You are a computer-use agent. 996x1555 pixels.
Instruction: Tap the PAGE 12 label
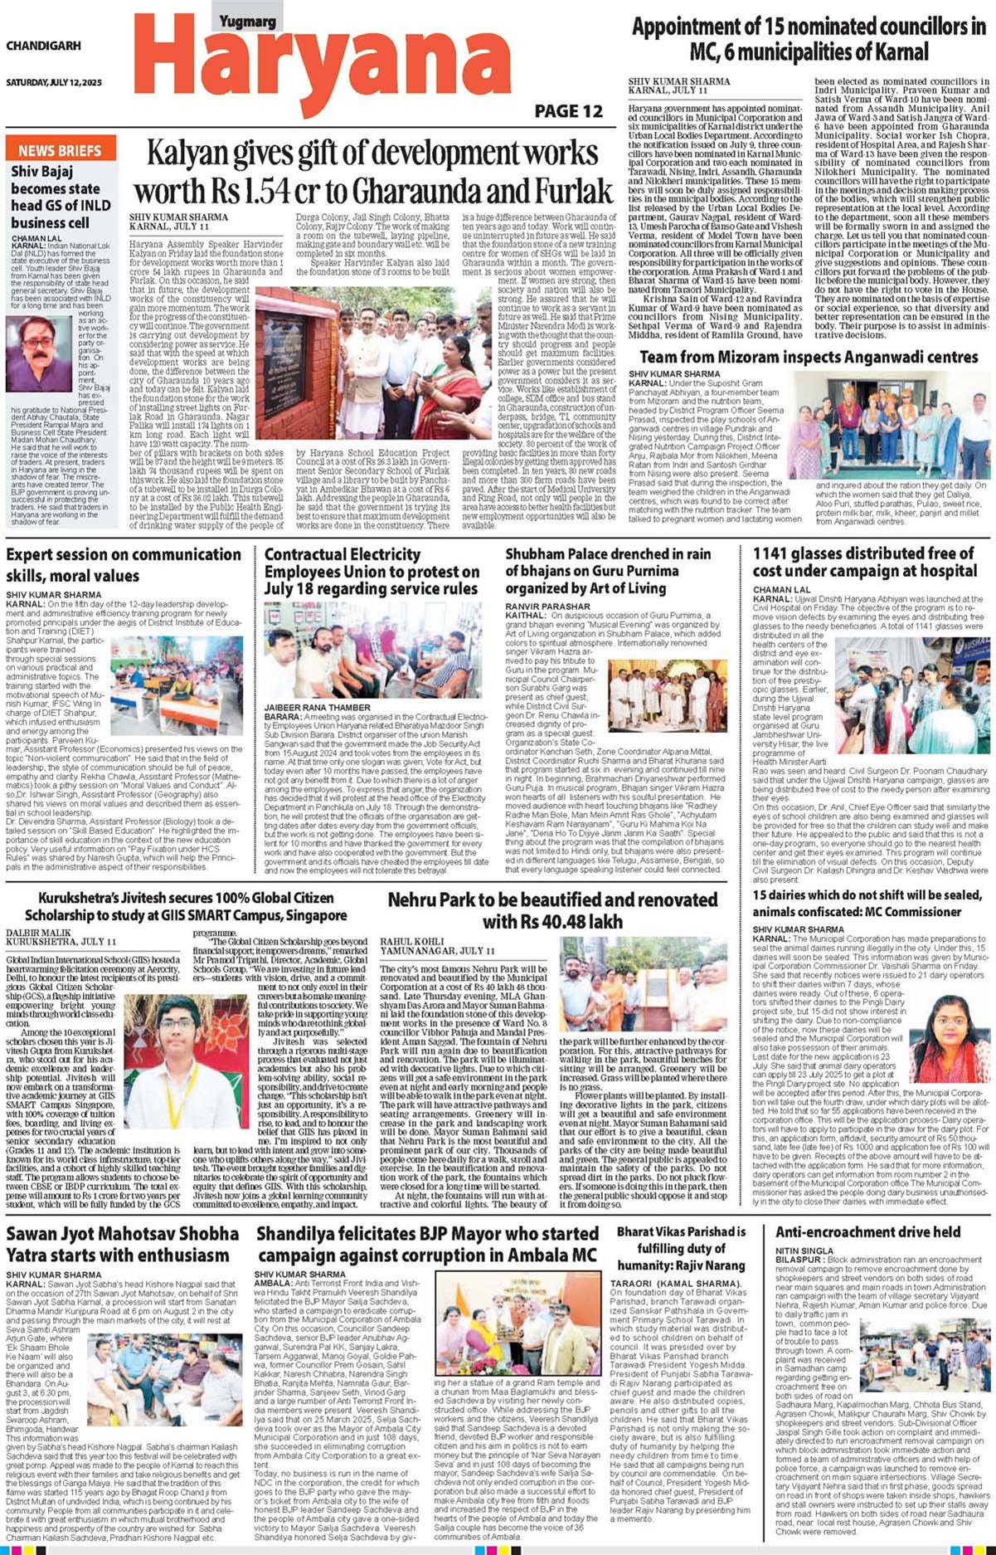568,111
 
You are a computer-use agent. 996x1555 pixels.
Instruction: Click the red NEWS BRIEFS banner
60,150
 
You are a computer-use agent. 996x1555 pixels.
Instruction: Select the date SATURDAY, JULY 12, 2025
54,83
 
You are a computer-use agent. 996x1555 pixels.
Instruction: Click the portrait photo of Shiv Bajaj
39,353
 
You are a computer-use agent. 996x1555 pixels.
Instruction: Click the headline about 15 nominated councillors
809,39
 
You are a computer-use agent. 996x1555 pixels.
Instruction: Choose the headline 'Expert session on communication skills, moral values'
124,564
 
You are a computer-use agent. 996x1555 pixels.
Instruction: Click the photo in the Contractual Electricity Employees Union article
372,651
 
